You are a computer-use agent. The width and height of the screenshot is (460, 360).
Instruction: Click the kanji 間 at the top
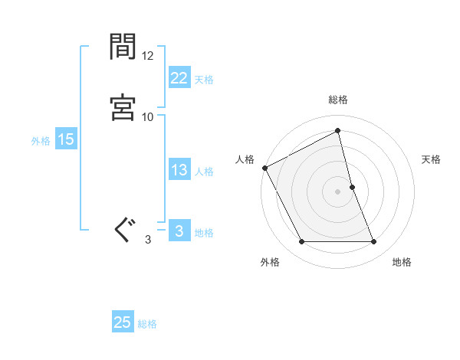[x=123, y=48]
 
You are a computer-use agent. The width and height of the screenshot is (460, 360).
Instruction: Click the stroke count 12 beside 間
[x=148, y=57]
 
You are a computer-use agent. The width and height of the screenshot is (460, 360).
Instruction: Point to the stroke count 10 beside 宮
[x=148, y=116]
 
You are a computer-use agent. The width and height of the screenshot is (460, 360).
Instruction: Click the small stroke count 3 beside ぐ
[x=148, y=239]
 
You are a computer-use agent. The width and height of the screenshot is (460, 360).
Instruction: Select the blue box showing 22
[x=179, y=78]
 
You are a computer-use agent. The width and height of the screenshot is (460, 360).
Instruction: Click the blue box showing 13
[x=179, y=170]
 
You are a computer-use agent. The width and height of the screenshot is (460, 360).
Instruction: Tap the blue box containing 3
[x=179, y=231]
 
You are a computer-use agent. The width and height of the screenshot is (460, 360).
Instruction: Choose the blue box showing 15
[x=65, y=139]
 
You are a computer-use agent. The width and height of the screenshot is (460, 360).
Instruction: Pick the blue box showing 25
[x=123, y=322]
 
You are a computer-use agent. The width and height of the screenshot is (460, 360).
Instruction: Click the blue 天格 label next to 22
[x=204, y=80]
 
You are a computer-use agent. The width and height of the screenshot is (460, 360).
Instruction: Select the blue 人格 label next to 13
[x=204, y=172]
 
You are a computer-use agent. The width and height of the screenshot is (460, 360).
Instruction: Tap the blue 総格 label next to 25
[x=148, y=324]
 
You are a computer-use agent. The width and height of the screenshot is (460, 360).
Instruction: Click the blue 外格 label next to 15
[x=41, y=141]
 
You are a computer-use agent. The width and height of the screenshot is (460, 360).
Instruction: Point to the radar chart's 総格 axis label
[x=338, y=100]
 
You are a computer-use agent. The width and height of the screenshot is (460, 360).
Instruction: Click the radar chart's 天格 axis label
[x=432, y=159]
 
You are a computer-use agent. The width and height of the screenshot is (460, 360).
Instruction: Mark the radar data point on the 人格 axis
[x=265, y=167]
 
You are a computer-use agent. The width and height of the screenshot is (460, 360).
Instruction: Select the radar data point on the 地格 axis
[x=374, y=242]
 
